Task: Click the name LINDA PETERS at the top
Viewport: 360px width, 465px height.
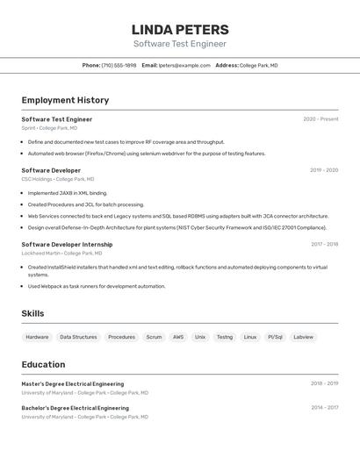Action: coord(179,29)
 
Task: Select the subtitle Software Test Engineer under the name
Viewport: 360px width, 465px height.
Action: coord(179,44)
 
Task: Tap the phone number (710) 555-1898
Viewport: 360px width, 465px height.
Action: coord(119,66)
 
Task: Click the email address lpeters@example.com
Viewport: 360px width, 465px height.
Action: coord(184,66)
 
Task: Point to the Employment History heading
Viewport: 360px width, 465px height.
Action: coord(65,100)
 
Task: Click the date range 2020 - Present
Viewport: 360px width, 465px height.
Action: coord(320,119)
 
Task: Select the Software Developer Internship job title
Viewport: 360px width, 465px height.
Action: coord(67,245)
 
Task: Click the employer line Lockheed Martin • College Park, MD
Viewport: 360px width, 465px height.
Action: coord(61,253)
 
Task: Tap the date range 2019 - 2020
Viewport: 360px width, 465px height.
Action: coord(324,170)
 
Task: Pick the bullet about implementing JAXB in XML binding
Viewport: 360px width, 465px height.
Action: coord(68,193)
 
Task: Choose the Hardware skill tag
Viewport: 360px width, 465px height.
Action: coord(37,337)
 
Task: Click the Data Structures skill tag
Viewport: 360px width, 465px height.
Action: coord(78,337)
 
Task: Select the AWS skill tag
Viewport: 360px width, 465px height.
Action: coord(178,337)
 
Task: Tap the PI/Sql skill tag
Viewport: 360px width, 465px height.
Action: coord(275,337)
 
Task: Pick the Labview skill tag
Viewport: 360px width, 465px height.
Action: coord(303,337)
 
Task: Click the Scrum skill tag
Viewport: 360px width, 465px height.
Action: coord(154,337)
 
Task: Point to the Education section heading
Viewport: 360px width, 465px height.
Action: coord(43,364)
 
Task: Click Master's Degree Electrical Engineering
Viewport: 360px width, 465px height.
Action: coord(72,384)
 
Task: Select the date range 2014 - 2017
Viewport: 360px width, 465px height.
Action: coord(324,408)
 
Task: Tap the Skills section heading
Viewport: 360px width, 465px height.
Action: coord(33,313)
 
